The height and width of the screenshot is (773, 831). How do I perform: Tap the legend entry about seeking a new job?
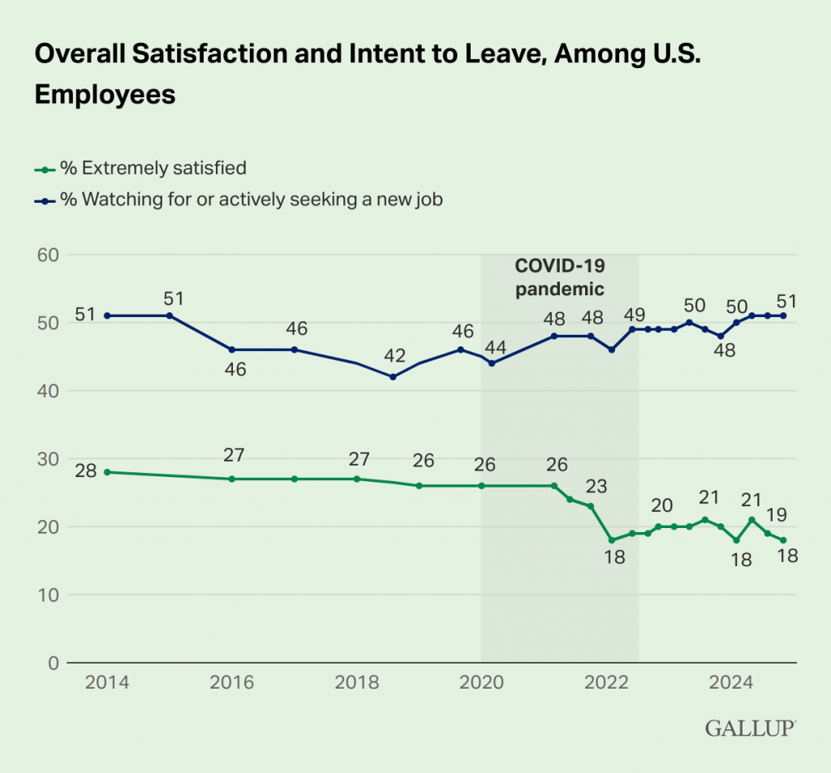click(x=243, y=200)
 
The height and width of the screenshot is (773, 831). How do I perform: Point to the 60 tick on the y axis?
click(x=47, y=255)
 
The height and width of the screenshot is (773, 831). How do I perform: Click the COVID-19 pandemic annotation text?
click(x=560, y=277)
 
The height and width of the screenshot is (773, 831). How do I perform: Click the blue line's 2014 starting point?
click(x=107, y=316)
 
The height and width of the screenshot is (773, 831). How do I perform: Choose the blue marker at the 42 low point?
click(x=393, y=376)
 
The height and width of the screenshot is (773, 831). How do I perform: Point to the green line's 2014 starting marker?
click(x=107, y=471)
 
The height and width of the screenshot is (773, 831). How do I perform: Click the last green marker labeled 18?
click(x=784, y=539)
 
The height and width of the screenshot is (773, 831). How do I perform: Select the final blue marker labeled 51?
click(x=784, y=316)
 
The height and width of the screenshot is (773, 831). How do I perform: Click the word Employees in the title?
click(x=105, y=94)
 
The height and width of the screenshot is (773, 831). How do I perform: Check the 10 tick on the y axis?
click(x=47, y=595)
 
